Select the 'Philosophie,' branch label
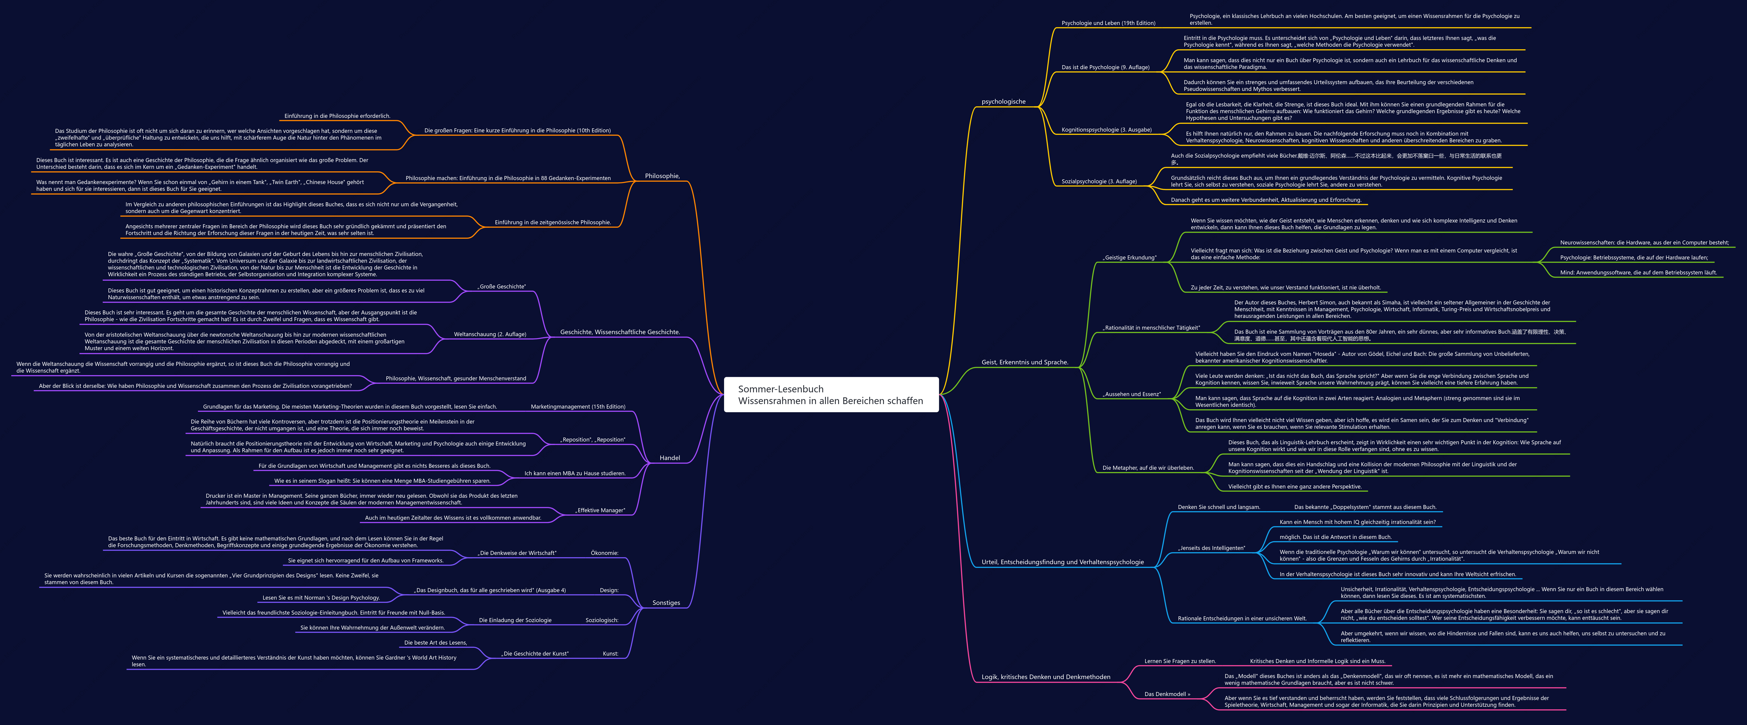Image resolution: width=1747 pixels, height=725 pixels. pos(662,176)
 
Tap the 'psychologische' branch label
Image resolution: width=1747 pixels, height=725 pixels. pos(1004,102)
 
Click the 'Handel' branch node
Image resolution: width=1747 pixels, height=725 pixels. pos(669,458)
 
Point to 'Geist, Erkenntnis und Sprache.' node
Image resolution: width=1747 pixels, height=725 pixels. pos(1025,363)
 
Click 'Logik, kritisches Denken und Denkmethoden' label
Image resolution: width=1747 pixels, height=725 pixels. pos(1046,677)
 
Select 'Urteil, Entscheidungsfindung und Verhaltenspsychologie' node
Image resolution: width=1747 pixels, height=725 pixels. pos(1063,562)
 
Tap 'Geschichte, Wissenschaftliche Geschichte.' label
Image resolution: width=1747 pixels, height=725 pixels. pos(620,332)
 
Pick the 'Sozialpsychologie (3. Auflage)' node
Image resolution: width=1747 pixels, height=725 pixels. pos(1099,182)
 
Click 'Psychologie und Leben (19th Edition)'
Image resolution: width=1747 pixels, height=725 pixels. pos(1108,23)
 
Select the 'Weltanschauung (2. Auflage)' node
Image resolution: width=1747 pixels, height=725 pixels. pos(490,334)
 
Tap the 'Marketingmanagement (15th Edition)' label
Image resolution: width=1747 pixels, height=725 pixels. pos(578,407)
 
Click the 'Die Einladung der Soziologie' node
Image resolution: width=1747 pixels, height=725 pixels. pos(515,620)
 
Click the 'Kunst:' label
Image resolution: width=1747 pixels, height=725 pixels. pos(610,654)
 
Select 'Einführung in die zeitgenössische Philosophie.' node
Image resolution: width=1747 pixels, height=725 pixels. pos(553,222)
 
